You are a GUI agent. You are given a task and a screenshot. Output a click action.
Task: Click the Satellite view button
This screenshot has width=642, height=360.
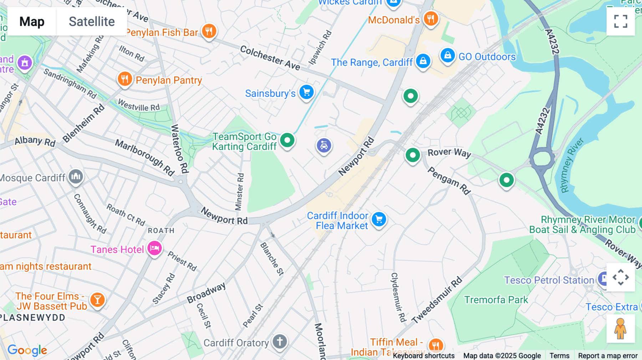(x=92, y=22)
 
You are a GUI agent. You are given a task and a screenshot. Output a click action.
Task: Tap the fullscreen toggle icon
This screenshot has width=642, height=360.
(x=621, y=21)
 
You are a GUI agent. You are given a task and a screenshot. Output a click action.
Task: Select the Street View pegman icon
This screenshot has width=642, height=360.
(x=620, y=329)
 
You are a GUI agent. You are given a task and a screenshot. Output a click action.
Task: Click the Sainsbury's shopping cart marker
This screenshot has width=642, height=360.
(x=306, y=92)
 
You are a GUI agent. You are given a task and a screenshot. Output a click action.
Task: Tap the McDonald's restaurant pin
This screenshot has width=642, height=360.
(x=431, y=18)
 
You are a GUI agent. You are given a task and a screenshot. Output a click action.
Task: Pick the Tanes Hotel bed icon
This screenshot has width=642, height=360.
(x=155, y=248)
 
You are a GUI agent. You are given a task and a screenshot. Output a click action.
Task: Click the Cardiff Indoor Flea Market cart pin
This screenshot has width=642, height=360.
(x=379, y=219)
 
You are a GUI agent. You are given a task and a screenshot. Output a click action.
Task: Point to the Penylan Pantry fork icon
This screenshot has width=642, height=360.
(x=125, y=79)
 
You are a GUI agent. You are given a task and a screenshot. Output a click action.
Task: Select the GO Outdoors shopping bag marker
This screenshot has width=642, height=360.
(x=447, y=56)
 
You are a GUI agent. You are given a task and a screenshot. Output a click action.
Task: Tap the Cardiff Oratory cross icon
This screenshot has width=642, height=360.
(x=280, y=341)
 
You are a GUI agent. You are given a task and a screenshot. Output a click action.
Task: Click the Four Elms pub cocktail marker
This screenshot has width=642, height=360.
(x=97, y=300)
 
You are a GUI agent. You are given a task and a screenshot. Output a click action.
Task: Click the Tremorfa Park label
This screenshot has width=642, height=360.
(x=496, y=300)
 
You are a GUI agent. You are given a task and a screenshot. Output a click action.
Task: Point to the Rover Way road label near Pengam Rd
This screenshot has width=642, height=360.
(x=449, y=153)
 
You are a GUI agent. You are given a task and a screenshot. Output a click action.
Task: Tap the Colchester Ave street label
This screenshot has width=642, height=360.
(x=270, y=57)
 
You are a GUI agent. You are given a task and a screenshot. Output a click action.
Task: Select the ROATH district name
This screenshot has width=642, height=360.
(x=161, y=231)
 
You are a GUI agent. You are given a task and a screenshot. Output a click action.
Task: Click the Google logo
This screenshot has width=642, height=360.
(x=27, y=350)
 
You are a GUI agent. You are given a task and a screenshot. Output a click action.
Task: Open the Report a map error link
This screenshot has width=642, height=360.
(x=607, y=355)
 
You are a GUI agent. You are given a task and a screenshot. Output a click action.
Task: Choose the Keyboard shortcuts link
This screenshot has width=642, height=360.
(x=423, y=355)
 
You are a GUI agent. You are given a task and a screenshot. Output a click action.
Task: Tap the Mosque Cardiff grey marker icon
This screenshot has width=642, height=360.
(x=76, y=176)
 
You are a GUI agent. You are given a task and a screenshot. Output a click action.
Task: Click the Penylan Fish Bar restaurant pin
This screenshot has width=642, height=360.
(x=209, y=31)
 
